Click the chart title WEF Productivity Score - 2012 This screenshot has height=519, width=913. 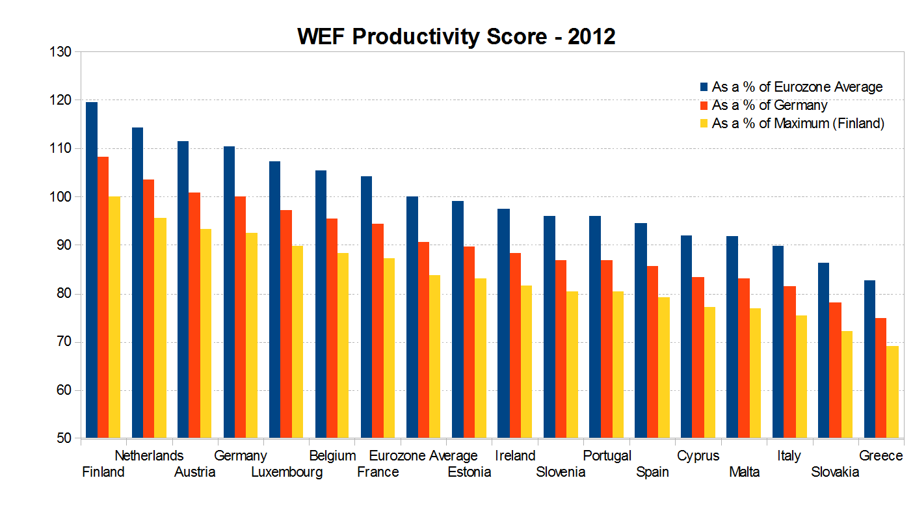pos(456,36)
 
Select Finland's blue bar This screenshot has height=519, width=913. pos(92,270)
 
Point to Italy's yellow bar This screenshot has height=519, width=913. pos(801,377)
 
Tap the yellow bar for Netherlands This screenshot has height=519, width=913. pos(160,328)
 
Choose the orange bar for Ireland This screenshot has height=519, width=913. pos(515,345)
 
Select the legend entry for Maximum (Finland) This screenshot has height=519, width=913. pos(798,124)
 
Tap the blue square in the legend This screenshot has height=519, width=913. pos(704,86)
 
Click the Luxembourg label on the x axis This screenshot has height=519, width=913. pos(287,472)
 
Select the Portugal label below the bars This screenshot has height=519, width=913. pos(607,456)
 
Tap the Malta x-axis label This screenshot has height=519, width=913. pos(744,472)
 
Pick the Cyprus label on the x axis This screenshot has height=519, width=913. pos(698,456)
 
